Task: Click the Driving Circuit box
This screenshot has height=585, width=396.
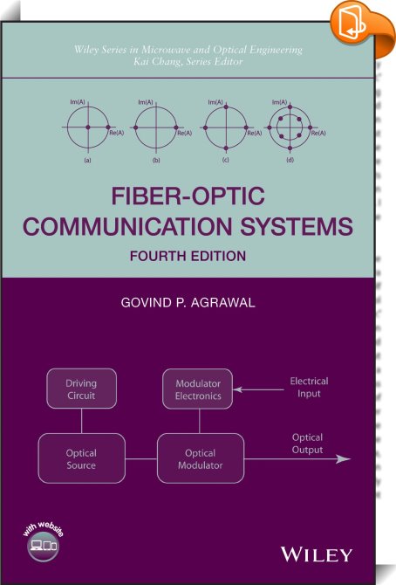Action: click(81, 389)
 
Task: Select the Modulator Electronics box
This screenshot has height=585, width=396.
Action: click(198, 389)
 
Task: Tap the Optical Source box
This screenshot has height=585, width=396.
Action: click(82, 458)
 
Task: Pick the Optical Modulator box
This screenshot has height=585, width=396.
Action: click(201, 458)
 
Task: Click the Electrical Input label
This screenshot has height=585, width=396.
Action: click(309, 388)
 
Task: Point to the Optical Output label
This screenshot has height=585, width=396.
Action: click(307, 444)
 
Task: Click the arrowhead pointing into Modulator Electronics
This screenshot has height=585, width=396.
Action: click(237, 390)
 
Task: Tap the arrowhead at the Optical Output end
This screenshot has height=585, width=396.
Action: click(344, 459)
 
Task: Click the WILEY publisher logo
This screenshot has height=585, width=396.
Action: click(317, 554)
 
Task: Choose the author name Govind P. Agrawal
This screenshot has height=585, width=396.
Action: click(188, 302)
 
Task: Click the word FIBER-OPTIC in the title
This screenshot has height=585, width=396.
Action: click(188, 196)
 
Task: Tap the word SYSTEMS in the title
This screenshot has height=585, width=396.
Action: click(297, 226)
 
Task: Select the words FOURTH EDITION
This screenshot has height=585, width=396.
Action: click(188, 256)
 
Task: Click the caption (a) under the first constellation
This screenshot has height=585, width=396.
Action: click(88, 160)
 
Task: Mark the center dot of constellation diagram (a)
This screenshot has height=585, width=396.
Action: click(88, 127)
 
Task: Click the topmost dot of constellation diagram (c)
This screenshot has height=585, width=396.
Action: click(226, 107)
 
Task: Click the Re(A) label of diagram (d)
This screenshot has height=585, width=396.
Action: click(318, 134)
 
